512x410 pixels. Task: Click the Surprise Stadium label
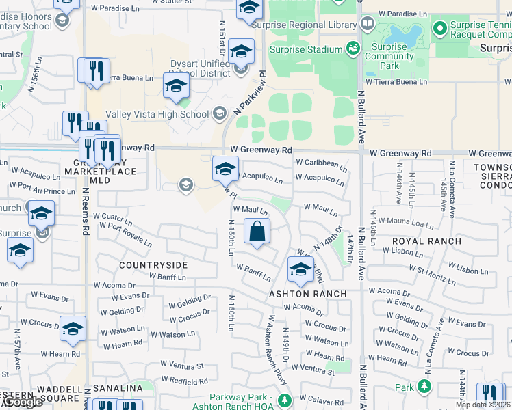click(305, 49)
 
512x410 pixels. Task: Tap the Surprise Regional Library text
click(305, 25)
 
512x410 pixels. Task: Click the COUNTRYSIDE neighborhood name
click(153, 264)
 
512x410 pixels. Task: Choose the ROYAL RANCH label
click(426, 241)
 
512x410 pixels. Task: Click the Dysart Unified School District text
click(200, 68)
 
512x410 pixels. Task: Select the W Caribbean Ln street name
click(321, 163)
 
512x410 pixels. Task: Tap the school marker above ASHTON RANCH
click(300, 270)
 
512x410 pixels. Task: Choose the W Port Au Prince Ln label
click(42, 191)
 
